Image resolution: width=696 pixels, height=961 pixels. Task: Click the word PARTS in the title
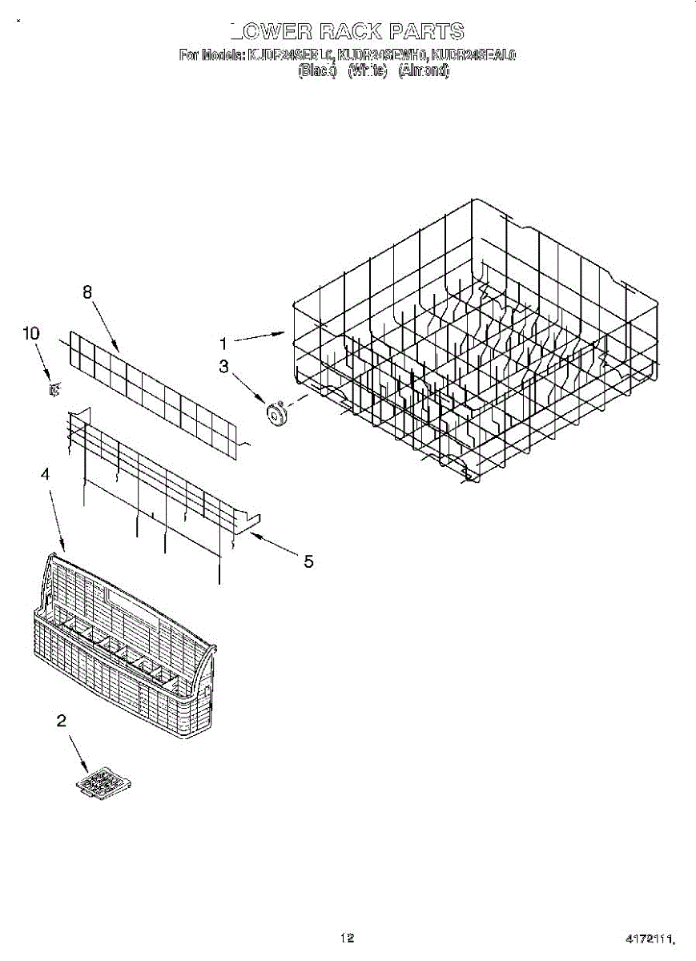click(x=426, y=31)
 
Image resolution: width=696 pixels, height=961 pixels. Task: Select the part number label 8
click(x=87, y=292)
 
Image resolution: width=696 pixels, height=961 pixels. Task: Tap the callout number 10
click(x=30, y=333)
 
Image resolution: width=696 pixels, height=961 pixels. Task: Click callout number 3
click(x=224, y=366)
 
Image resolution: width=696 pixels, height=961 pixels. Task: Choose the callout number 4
click(x=45, y=474)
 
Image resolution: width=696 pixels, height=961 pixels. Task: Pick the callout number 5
click(x=308, y=561)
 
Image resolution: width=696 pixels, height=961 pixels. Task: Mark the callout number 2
click(x=61, y=721)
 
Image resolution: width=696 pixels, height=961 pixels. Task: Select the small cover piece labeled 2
click(x=104, y=781)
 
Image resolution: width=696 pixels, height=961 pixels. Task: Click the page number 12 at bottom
click(x=347, y=938)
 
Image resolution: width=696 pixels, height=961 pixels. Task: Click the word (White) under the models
click(x=368, y=70)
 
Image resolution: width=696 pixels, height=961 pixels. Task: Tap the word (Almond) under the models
click(x=424, y=70)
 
